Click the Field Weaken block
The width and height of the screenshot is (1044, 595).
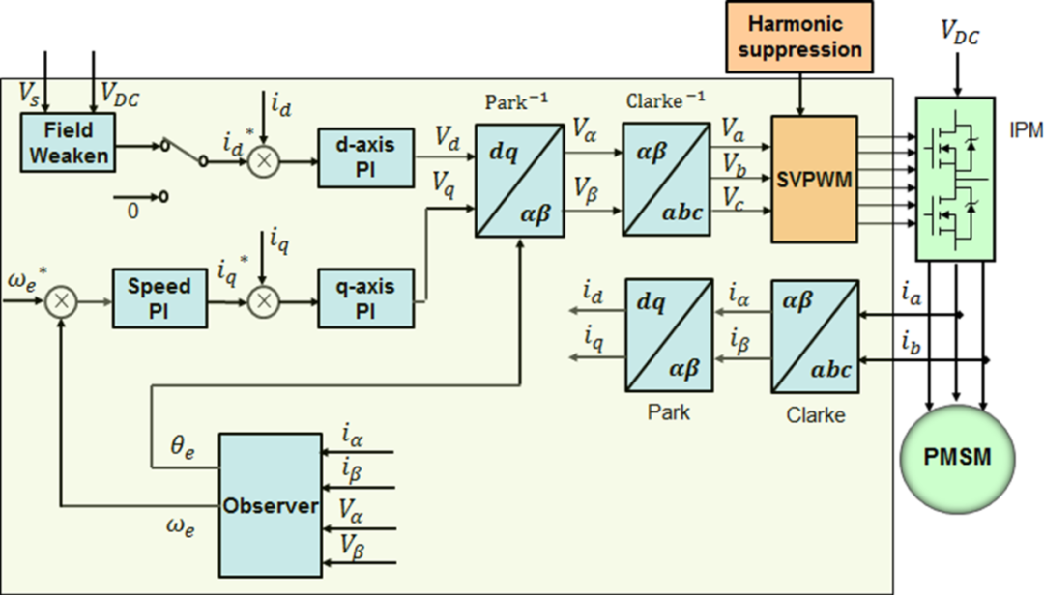pyautogui.click(x=65, y=142)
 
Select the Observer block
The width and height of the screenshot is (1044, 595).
pyautogui.click(x=270, y=504)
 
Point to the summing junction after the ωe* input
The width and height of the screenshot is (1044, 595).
pyautogui.click(x=62, y=301)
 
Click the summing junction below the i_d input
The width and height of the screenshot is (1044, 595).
pyautogui.click(x=262, y=160)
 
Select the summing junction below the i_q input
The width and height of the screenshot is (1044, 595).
pyautogui.click(x=262, y=301)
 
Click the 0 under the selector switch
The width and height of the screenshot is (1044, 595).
pyautogui.click(x=133, y=210)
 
